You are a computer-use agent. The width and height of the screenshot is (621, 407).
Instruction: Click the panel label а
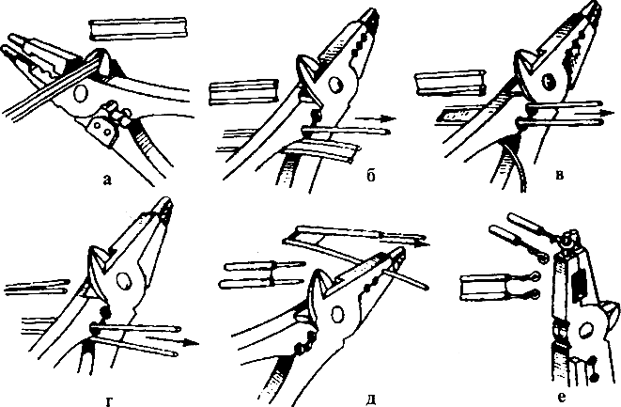pos(107,180)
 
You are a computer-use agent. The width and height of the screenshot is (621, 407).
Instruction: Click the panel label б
pos(370,176)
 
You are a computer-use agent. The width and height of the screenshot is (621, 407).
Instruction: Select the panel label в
pos(560,175)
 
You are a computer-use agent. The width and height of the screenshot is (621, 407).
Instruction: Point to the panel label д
pos(371,399)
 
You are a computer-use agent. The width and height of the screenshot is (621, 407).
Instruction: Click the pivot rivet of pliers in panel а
pos(80,94)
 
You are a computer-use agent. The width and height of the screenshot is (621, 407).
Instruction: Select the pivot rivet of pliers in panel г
pos(123,281)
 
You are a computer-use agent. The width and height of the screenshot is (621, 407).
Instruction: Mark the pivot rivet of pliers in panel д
pos(338,316)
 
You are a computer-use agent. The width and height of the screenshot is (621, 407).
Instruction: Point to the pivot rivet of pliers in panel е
pos(585,329)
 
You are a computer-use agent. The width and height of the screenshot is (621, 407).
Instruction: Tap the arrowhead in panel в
pos(605,112)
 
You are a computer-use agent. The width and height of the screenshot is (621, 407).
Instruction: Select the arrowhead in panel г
pos(192,343)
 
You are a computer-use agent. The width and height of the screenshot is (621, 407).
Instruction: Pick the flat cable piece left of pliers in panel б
pos(243,91)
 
